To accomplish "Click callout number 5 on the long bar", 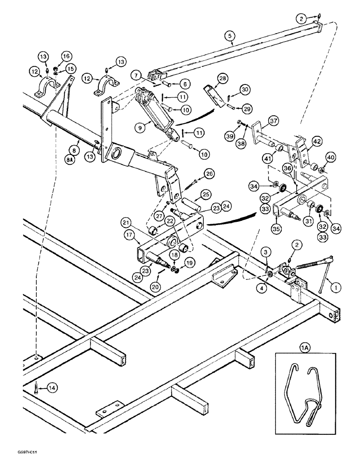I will click(x=229, y=35).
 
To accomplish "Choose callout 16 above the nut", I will click(x=65, y=56).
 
